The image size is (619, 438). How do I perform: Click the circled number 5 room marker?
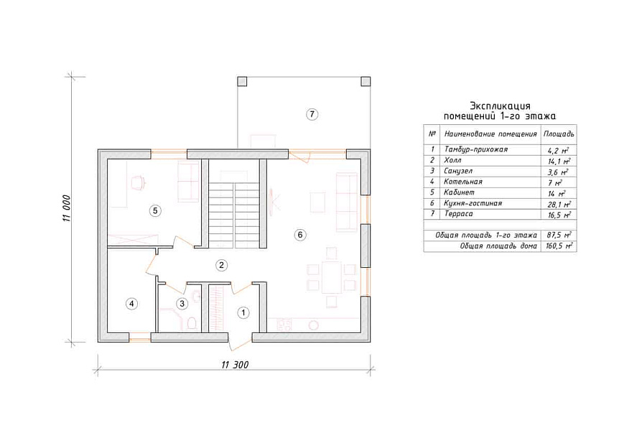coord(155,210)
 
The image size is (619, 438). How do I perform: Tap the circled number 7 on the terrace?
coord(312,114)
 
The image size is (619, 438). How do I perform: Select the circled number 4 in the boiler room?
coord(131,304)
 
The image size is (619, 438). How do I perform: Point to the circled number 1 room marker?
coord(243,313)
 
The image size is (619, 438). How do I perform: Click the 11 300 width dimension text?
coord(235,365)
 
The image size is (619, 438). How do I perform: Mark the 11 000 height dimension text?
coord(67,208)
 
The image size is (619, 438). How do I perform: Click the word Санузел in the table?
coord(458,172)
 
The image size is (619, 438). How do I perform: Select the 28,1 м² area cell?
coord(559,204)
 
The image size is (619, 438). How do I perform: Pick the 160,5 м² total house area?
coord(559,246)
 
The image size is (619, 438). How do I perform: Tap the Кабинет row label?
coord(459,192)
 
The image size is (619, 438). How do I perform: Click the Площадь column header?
coord(559,134)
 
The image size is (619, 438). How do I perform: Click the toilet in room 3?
coord(192,323)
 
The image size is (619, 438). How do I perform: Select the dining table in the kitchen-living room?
coord(332,277)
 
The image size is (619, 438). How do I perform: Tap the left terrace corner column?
coord(242,82)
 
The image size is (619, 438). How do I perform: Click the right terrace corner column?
coord(366,82)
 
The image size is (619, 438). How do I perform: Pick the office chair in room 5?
coord(137,182)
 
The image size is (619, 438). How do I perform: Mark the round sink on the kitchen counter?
coord(313,325)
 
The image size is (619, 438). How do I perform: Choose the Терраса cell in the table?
coord(458,214)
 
